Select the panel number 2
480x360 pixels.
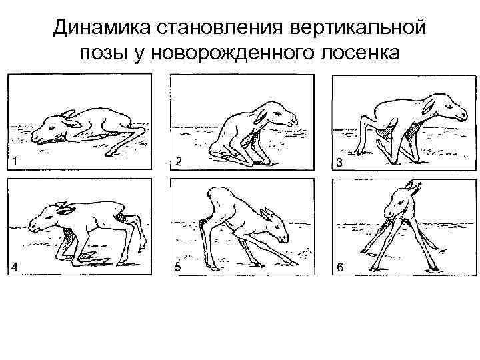(178, 161)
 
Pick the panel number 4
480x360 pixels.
(15, 267)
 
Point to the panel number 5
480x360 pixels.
(177, 267)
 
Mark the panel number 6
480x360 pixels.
(340, 268)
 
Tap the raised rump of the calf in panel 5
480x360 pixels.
(217, 198)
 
